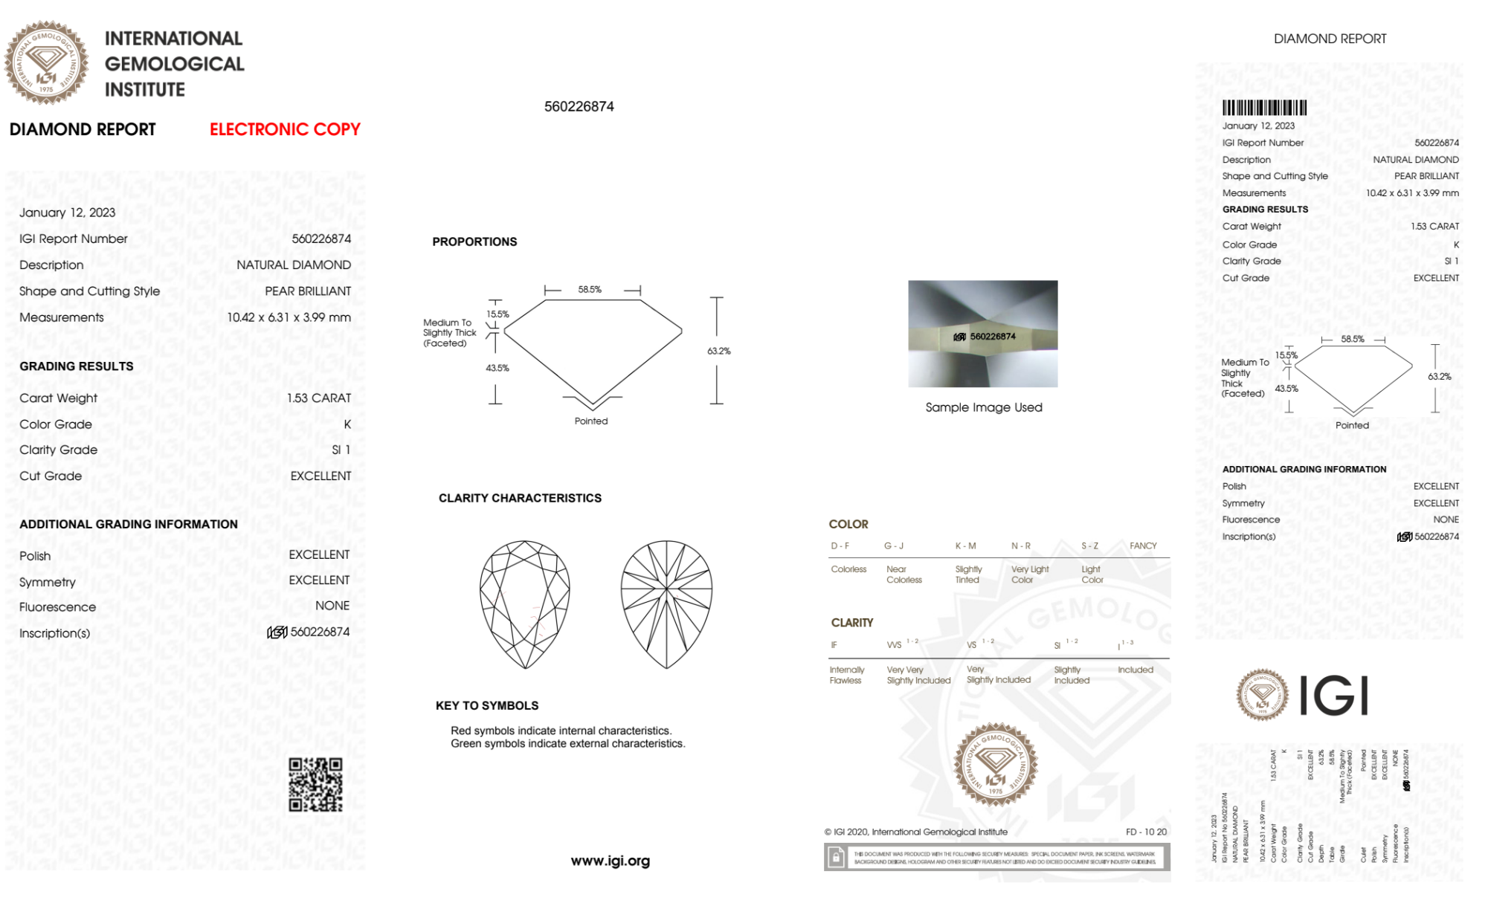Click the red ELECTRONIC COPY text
(285, 129)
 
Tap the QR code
(315, 785)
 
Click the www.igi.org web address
(610, 861)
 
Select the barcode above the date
(1264, 108)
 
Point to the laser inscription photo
(982, 334)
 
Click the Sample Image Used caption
(983, 407)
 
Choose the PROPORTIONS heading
(474, 242)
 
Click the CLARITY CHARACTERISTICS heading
(520, 498)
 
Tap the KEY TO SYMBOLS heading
(487, 705)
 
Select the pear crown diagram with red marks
(525, 604)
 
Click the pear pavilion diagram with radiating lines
(666, 604)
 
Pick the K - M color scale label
(965, 546)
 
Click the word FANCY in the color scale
(1143, 546)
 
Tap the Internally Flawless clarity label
(846, 675)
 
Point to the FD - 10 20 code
(1146, 832)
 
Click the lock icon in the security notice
(836, 858)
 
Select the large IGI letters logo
(1334, 696)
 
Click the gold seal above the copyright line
(995, 764)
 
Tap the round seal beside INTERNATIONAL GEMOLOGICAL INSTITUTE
(46, 63)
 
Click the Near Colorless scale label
(904, 575)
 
